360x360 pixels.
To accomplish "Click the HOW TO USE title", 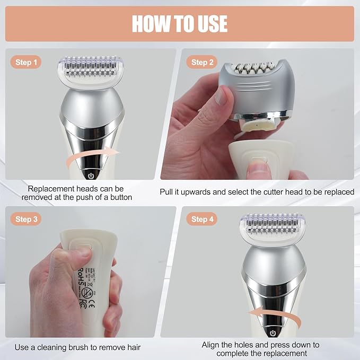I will (180, 24).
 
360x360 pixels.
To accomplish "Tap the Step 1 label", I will (26, 63).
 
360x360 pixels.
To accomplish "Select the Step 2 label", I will (199, 63).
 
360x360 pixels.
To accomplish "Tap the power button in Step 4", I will (273, 333).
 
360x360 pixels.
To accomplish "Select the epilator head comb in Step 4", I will (273, 229).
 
